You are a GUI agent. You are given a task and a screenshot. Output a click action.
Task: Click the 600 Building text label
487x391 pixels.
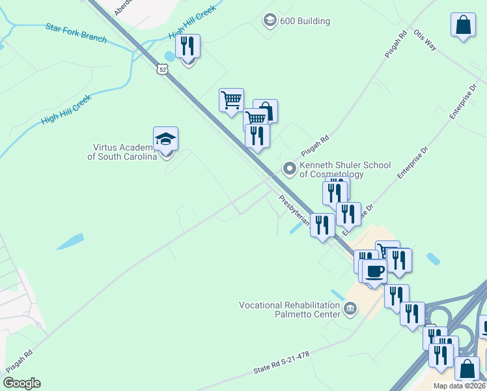(x=305, y=21)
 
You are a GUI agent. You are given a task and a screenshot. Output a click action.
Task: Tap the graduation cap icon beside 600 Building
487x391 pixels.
(x=270, y=21)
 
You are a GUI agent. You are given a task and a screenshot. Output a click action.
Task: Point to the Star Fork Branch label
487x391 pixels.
(x=76, y=33)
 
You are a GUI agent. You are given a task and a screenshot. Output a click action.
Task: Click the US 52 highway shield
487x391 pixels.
(x=162, y=68)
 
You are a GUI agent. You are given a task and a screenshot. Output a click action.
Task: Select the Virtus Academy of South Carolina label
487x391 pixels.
(x=122, y=152)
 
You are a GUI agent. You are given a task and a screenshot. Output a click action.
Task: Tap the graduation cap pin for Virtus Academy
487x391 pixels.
(x=165, y=139)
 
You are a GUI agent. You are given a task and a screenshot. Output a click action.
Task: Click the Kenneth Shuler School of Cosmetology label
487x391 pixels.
(x=344, y=169)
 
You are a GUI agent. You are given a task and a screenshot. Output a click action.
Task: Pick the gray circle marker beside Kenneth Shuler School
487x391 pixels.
(x=289, y=169)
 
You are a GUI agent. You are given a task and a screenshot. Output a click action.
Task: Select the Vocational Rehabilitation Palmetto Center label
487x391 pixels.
(x=290, y=310)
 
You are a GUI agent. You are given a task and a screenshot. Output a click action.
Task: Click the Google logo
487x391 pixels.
(x=21, y=383)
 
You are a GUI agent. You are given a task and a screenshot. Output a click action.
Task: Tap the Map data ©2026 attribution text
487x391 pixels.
(x=459, y=386)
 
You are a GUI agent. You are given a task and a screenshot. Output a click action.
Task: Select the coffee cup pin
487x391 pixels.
(x=374, y=271)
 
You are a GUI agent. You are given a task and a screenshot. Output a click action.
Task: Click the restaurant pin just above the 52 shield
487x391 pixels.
(x=188, y=47)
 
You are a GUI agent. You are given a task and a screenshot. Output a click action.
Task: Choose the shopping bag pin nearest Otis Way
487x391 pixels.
(x=463, y=25)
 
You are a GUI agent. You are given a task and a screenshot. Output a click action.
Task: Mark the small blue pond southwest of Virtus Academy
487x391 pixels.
(x=70, y=241)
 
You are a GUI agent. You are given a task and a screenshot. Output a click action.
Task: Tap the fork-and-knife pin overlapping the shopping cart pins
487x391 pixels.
(x=257, y=136)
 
